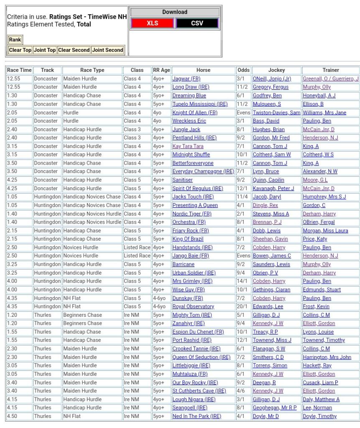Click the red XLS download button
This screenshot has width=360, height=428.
[152, 23]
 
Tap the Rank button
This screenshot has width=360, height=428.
[15, 40]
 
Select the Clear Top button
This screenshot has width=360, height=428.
[20, 50]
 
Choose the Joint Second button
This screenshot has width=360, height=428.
[107, 50]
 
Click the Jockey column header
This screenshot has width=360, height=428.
[276, 70]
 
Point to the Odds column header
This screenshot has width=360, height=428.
[243, 70]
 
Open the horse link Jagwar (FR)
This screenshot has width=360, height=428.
[186, 79]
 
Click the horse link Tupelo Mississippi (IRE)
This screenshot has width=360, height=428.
[200, 104]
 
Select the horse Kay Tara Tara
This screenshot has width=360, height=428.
[188, 146]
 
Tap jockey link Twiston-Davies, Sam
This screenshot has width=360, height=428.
[276, 112]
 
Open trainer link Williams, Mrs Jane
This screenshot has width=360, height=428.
[324, 112]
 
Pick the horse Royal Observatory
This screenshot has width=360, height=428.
[193, 307]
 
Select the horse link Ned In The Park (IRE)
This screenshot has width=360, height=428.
[197, 416]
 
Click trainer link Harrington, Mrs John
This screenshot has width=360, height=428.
[327, 357]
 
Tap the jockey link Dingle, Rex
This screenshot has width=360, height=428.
[265, 205]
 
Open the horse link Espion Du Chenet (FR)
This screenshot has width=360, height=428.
[198, 332]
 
